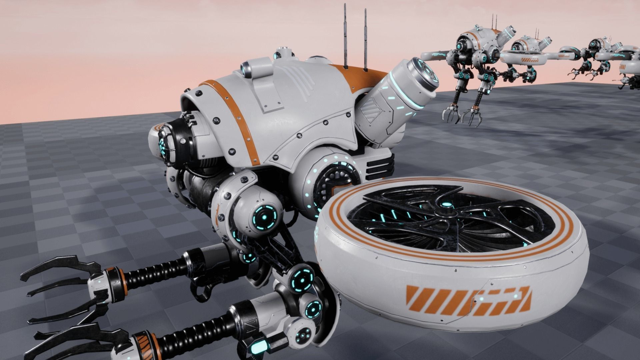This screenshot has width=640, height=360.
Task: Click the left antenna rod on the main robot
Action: [x=345, y=37]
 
